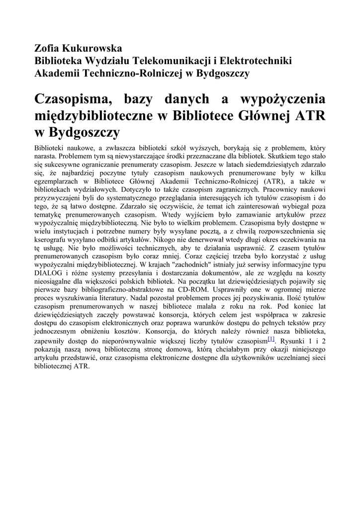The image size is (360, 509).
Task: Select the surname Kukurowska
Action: tap(93, 49)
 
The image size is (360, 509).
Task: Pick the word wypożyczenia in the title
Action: tap(283, 99)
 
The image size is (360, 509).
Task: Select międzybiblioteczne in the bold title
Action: tap(92, 116)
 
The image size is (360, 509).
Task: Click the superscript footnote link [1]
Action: tap(271, 339)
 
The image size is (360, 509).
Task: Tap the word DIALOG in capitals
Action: tap(48, 273)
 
